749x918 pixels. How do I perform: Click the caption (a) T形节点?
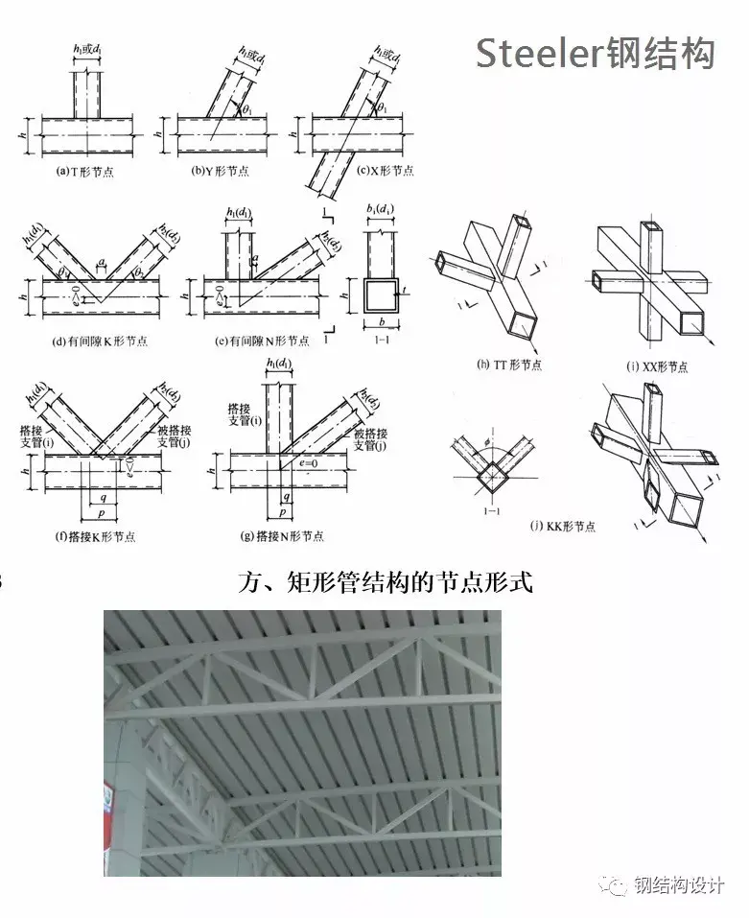click(x=86, y=172)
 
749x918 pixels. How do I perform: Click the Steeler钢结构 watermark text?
click(x=596, y=54)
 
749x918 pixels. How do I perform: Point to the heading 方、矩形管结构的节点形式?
click(x=384, y=581)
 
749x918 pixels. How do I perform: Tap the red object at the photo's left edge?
click(x=108, y=812)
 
